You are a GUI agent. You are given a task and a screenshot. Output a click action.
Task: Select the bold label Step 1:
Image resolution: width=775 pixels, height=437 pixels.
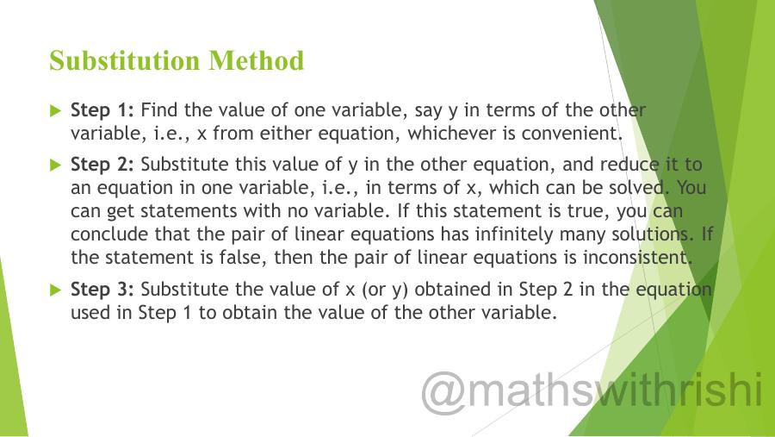pos(102,110)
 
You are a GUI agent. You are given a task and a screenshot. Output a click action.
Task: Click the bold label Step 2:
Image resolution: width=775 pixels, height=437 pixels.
pos(102,165)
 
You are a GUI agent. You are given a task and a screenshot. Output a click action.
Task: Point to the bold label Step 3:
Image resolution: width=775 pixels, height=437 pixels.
pos(102,290)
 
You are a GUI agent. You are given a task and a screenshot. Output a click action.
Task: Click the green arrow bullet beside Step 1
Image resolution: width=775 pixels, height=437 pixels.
pos(56,110)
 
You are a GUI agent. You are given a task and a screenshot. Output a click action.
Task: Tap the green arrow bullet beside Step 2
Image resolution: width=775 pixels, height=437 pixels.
pos(56,165)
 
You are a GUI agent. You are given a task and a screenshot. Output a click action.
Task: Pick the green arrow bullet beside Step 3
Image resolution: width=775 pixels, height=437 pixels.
pos(56,290)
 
